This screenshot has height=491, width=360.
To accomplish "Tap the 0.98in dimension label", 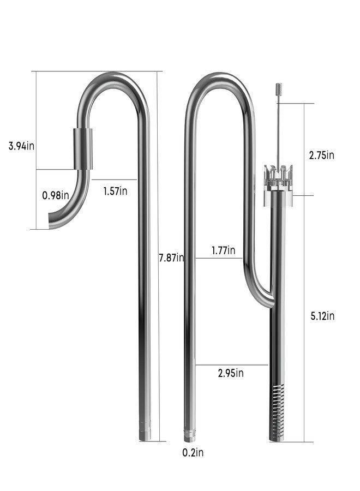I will pos(56,195).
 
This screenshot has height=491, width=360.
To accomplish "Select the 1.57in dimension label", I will pos(115,191).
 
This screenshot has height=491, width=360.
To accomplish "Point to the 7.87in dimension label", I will pos(171,258).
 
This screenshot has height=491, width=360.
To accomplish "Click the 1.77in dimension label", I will pos(224,250).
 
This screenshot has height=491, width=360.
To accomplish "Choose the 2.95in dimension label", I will pos(230,373).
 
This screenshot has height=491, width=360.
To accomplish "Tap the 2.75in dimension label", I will pos(321,155).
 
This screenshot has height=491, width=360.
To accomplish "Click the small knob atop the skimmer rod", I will pos(278,88).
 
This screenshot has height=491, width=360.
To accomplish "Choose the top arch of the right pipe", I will pos(220,78).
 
